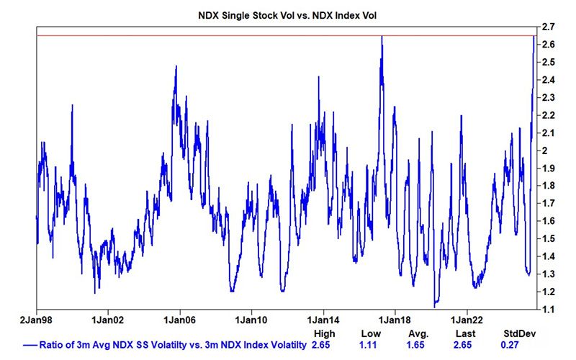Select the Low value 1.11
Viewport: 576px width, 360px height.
(x=372, y=346)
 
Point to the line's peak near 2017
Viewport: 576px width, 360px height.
(x=382, y=37)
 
